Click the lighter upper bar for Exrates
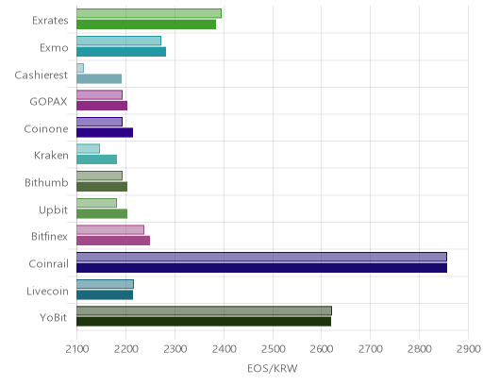149,13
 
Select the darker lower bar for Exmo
122,52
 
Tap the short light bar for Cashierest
80,68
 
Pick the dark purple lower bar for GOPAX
102,106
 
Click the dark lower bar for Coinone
105,133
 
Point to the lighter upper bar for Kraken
89,148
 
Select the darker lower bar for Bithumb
102,187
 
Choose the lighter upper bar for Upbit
97,203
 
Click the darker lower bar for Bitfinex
113,241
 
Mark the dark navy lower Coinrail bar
262,268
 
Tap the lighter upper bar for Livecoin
106,284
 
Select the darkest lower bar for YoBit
204,322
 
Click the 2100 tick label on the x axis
77,349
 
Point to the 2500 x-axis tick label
273,349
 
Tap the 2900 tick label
469,349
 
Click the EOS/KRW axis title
273,368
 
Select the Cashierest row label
42,75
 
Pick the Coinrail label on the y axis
48,263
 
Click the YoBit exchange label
54,317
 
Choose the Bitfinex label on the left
49,236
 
